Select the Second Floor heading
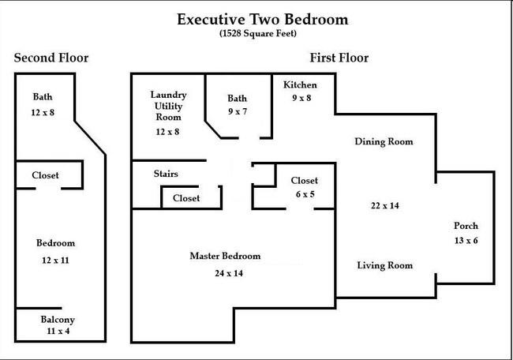pyautogui.click(x=51, y=58)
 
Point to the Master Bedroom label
pyautogui.click(x=225, y=257)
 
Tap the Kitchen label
pyautogui.click(x=300, y=85)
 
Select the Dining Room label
pyautogui.click(x=384, y=141)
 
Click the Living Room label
pyautogui.click(x=384, y=265)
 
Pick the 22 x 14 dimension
pyautogui.click(x=384, y=205)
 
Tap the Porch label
pyautogui.click(x=465, y=225)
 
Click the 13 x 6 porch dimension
pyautogui.click(x=465, y=240)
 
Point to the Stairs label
pyautogui.click(x=165, y=174)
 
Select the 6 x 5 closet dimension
pyautogui.click(x=304, y=194)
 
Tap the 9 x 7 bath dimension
pyautogui.click(x=237, y=112)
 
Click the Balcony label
pyautogui.click(x=58, y=320)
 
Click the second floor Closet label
pyautogui.click(x=45, y=175)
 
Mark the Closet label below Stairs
pyautogui.click(x=186, y=198)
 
